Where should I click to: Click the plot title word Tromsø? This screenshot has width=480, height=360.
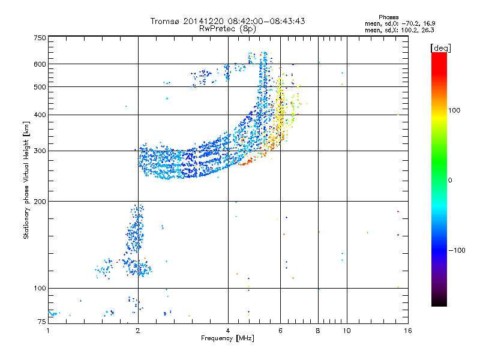click(x=164, y=21)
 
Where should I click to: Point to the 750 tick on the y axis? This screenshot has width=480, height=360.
click(x=40, y=38)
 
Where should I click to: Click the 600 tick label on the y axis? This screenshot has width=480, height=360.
click(x=40, y=64)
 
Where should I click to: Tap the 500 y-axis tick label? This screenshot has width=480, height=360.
click(x=40, y=87)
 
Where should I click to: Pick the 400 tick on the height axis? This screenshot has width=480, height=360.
click(x=40, y=115)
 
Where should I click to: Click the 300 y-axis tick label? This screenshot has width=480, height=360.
click(x=40, y=151)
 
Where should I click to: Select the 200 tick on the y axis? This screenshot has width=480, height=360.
click(x=40, y=201)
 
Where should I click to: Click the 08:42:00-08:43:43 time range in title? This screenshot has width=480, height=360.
click(x=266, y=21)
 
